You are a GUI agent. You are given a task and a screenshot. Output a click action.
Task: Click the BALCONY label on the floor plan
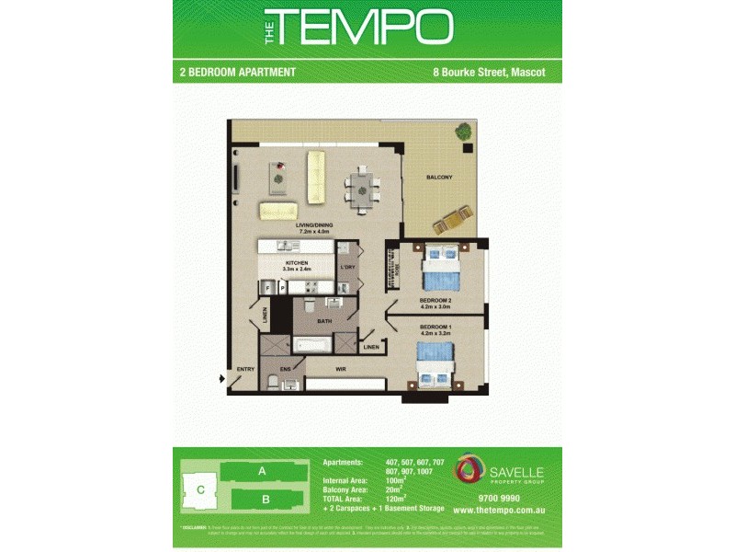[x=438, y=178]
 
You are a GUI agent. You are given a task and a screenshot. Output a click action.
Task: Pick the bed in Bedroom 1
[x=434, y=362]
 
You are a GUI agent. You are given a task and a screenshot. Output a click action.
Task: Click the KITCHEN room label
[x=297, y=263]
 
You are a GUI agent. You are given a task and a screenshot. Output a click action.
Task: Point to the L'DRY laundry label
[x=347, y=268]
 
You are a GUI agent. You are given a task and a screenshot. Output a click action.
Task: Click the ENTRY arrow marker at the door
[x=221, y=377]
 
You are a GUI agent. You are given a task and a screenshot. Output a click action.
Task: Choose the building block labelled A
[x=262, y=471]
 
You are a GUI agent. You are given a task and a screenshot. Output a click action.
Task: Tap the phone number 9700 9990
[x=499, y=498]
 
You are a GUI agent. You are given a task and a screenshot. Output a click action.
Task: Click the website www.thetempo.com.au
[x=500, y=510]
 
